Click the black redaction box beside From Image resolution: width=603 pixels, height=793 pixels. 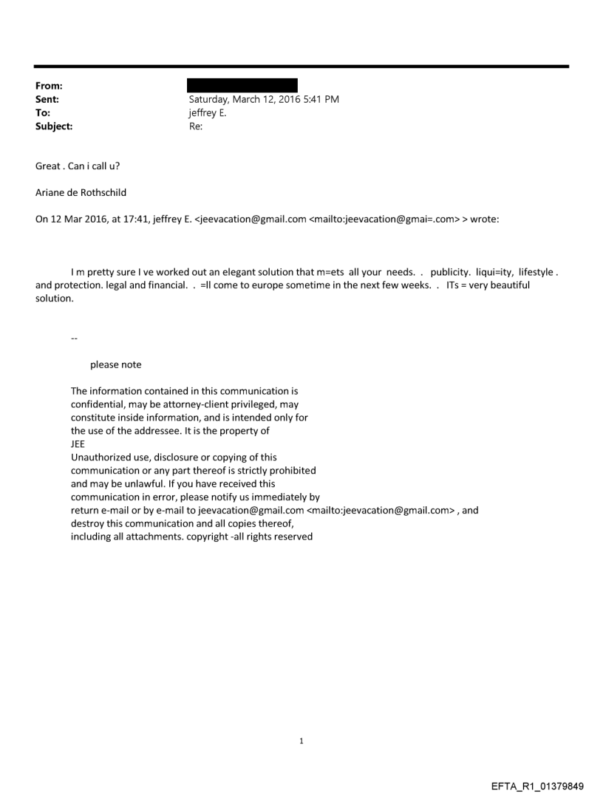click(x=242, y=85)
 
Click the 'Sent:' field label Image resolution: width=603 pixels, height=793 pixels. click(x=47, y=99)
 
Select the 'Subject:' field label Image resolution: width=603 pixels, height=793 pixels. click(x=54, y=126)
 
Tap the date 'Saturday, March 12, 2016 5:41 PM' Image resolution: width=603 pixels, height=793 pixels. click(x=264, y=99)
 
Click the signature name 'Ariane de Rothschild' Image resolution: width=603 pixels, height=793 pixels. click(x=81, y=192)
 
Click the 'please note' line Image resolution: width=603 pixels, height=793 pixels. click(x=115, y=364)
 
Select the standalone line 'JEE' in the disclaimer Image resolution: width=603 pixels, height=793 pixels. click(x=78, y=444)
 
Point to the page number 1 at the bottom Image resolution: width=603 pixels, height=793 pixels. click(x=301, y=741)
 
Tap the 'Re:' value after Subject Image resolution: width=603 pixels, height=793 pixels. click(x=196, y=126)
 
